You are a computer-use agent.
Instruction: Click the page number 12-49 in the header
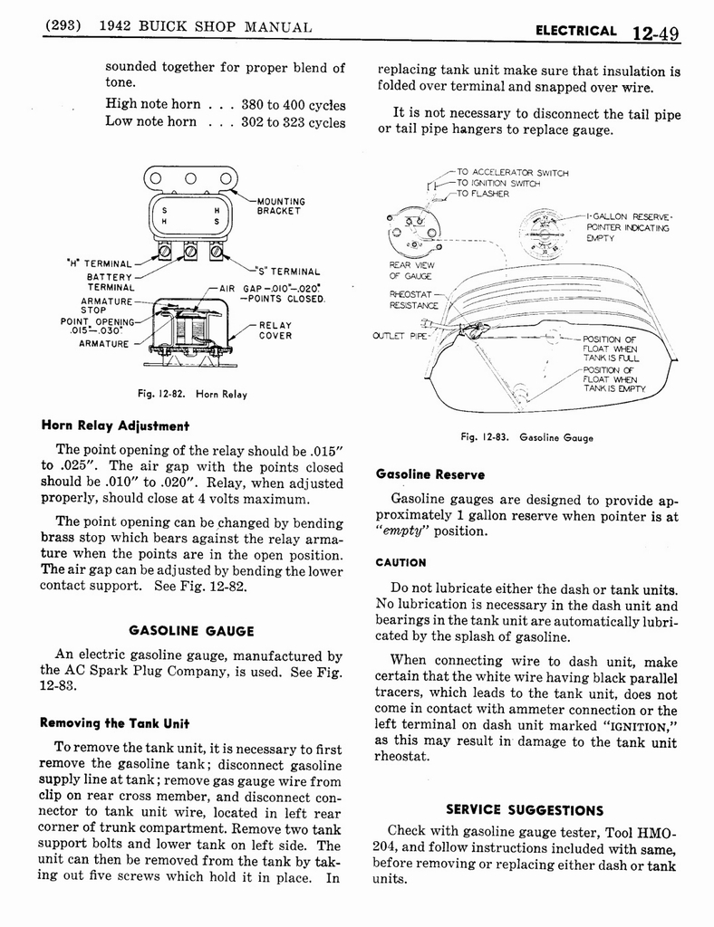coord(656,33)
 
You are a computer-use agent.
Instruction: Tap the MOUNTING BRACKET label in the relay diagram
coord(281,205)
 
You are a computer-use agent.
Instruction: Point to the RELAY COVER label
coord(275,330)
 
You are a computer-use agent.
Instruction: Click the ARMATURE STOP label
coord(106,305)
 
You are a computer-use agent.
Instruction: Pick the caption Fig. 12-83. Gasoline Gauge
coord(526,437)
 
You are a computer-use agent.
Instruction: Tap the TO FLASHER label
coord(482,193)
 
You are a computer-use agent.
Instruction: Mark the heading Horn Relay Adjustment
coord(114,425)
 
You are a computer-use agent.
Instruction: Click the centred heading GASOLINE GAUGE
coord(191,631)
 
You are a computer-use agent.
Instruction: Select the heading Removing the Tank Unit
coord(114,723)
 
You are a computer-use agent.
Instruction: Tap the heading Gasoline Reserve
coord(429,474)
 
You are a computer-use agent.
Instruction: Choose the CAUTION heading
coord(400,562)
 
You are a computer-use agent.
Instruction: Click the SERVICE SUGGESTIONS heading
coord(524,809)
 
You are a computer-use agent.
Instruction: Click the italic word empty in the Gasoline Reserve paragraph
coord(403,531)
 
